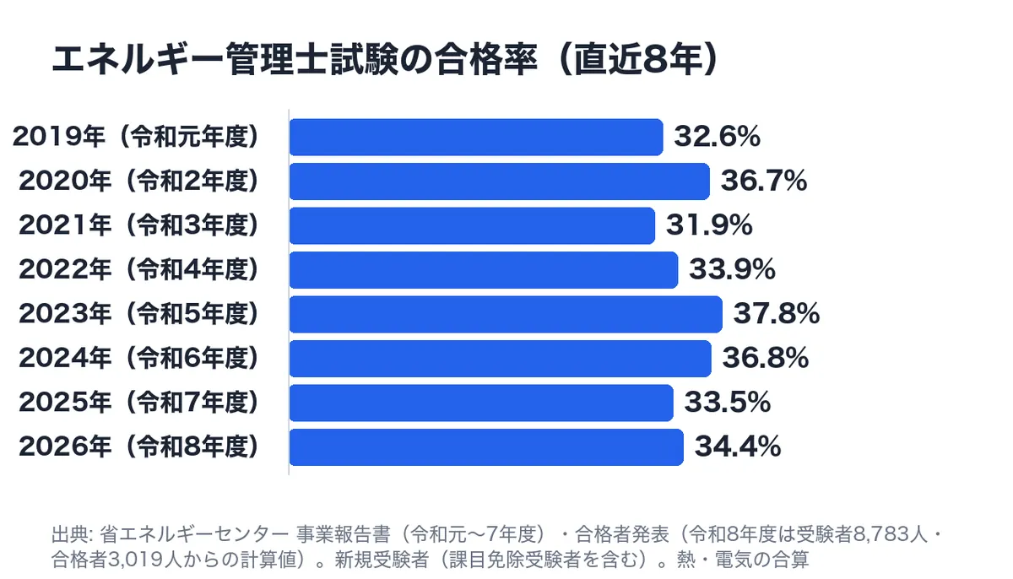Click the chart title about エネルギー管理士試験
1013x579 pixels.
(385, 59)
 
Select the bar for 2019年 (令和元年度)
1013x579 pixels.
(476, 137)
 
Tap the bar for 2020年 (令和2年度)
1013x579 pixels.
(500, 181)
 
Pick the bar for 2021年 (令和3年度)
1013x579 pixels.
(472, 225)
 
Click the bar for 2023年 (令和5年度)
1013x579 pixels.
(506, 314)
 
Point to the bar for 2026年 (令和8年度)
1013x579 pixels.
(486, 447)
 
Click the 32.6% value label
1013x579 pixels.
(718, 137)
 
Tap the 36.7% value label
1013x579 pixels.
(764, 181)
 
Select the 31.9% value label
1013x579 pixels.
(709, 225)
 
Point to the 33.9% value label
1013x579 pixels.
(732, 269)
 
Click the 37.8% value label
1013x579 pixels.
(777, 314)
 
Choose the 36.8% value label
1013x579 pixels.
(765, 358)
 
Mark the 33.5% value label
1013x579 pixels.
(727, 403)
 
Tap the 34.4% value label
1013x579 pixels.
(738, 446)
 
